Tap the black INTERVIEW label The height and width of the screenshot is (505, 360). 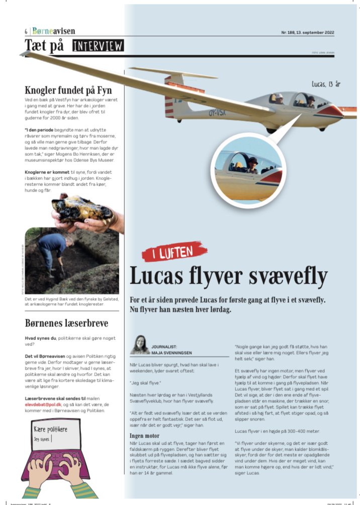point(98,46)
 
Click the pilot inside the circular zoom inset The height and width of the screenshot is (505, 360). point(251,166)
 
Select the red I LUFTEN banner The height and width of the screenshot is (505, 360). point(174,251)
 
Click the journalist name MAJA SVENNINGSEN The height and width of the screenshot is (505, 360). point(173,352)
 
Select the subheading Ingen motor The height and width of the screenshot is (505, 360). point(145,436)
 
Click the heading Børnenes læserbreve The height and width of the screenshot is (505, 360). point(67,322)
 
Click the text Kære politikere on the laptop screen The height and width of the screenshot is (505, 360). point(51,430)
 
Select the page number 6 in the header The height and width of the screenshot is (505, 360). point(26,31)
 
